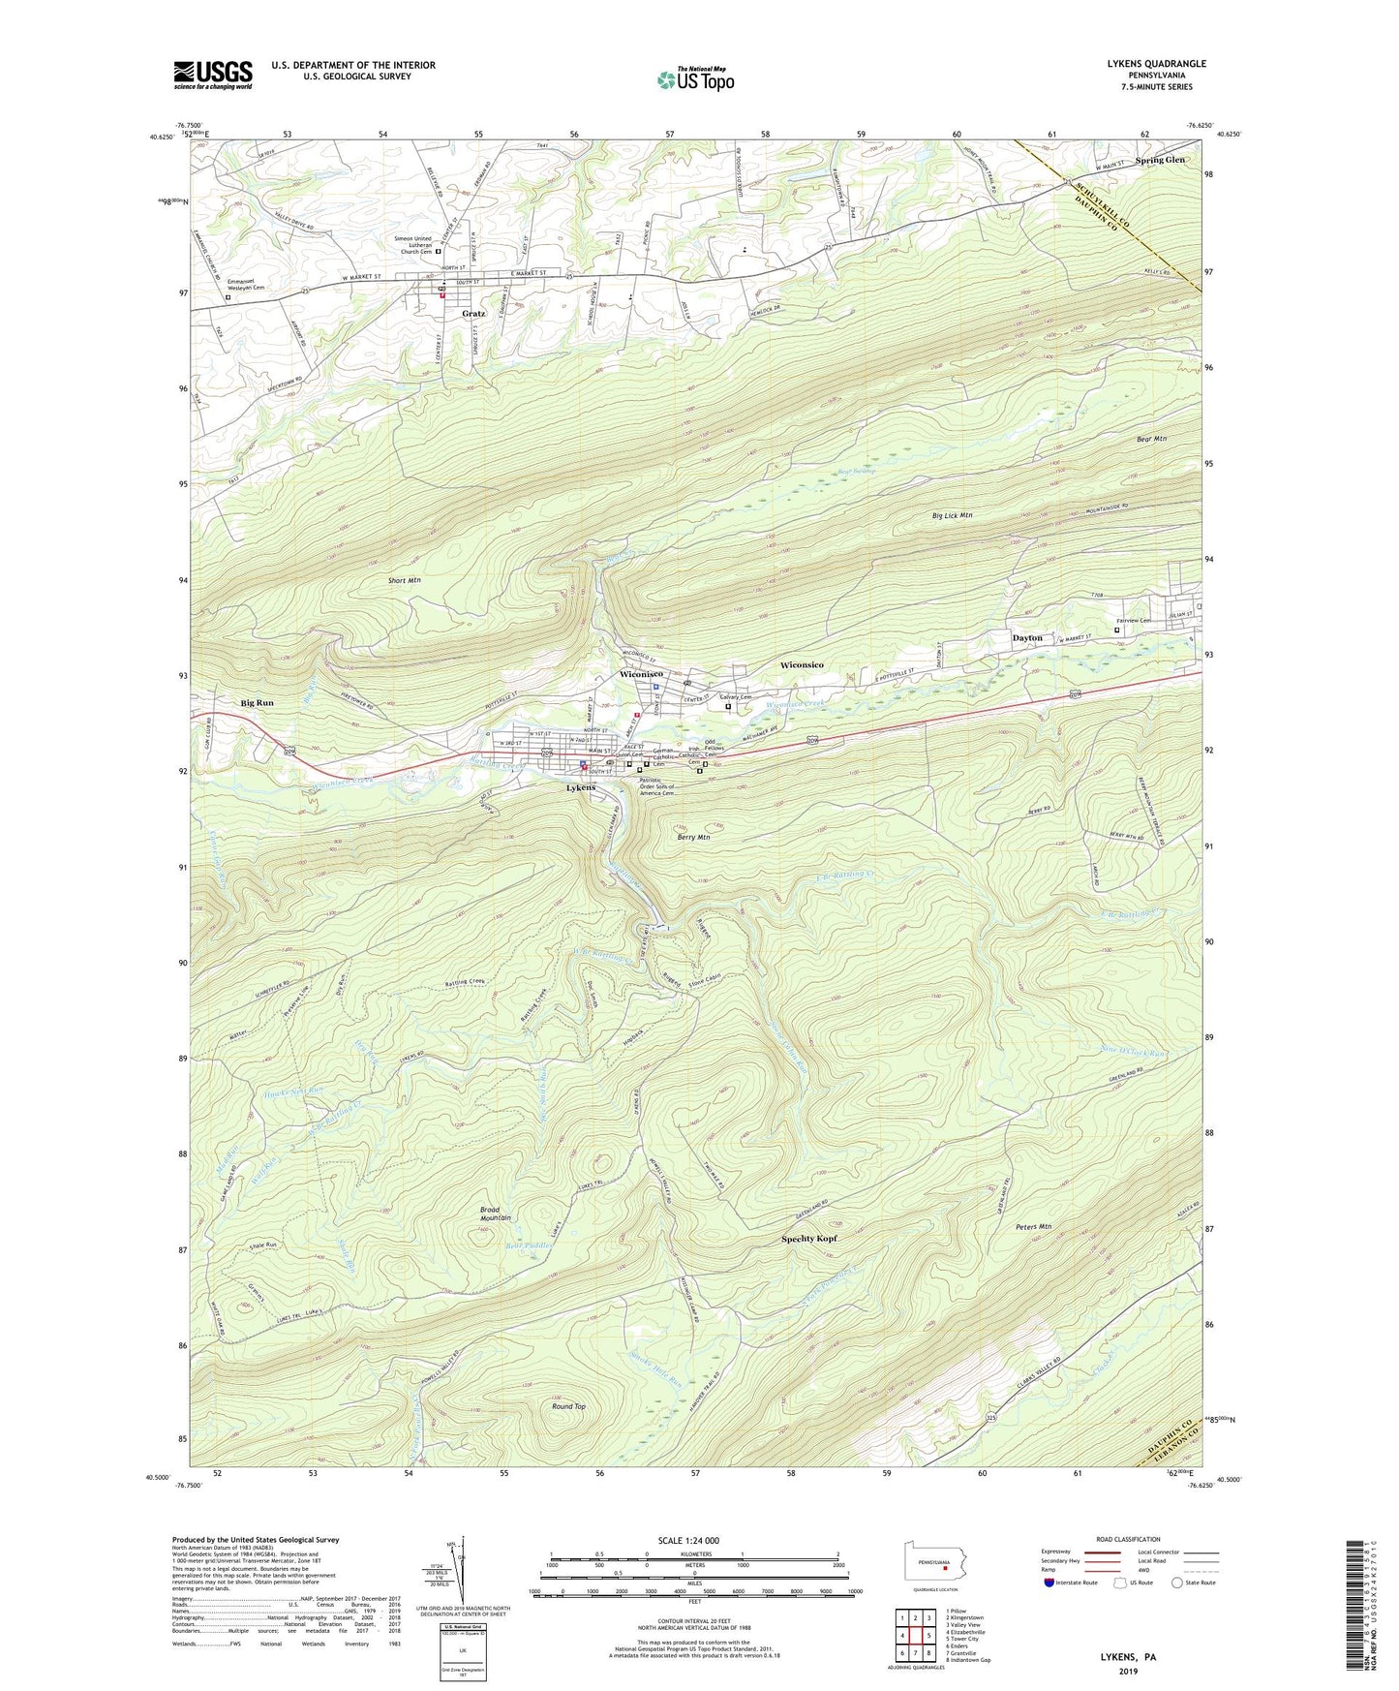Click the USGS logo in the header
click(213, 75)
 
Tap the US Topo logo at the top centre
click(693, 79)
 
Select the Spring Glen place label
click(1161, 160)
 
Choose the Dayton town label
click(1027, 638)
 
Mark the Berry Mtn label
click(694, 837)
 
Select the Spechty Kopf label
click(808, 1239)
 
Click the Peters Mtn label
click(1033, 1226)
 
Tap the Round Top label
click(568, 1406)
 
